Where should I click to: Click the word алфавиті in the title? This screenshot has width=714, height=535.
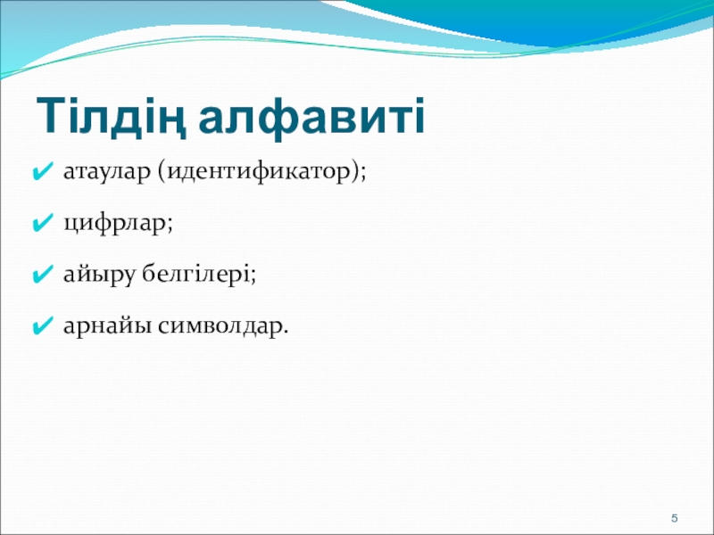pos(311,117)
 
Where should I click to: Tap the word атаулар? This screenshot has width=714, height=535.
pos(106,172)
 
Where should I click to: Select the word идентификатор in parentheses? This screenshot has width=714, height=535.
pos(256,172)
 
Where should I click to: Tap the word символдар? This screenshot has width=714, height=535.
pos(220,326)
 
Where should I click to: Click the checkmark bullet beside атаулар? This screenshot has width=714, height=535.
pos(43,172)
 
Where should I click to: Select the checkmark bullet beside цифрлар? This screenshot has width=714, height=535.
pos(43,224)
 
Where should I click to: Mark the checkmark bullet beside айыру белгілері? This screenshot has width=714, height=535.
pos(43,276)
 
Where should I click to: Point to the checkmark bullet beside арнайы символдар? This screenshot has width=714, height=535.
pos(43,326)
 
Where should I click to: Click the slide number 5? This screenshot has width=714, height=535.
pos(675,518)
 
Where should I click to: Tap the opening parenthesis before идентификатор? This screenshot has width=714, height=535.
pos(162,172)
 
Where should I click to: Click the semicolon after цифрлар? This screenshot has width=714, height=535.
pos(170,225)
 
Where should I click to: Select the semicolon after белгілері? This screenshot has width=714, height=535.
pos(253,276)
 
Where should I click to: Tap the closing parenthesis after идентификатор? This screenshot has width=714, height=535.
pos(352,172)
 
